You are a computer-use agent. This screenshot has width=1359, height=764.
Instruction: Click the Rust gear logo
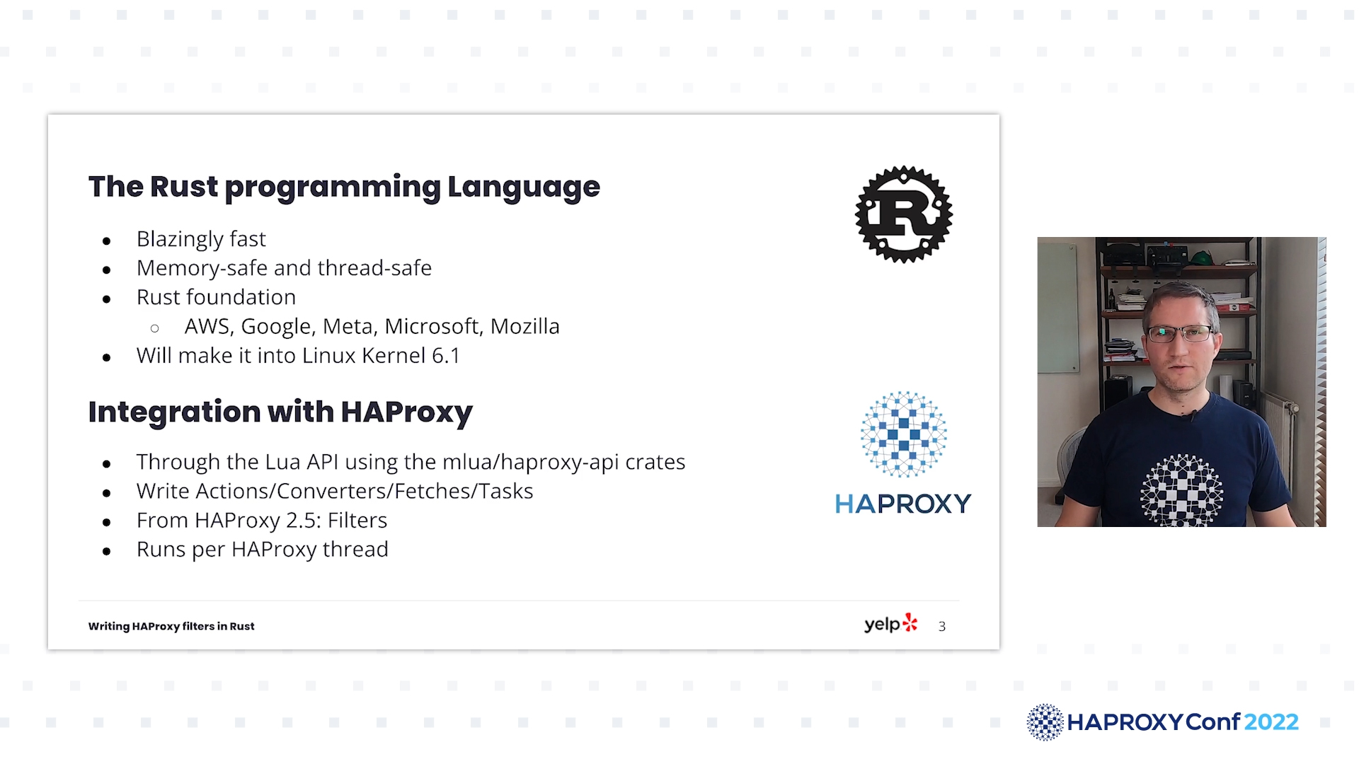pos(904,214)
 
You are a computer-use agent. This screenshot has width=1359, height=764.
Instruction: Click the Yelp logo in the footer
pos(890,624)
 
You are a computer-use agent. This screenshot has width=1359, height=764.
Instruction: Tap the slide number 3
pos(942,627)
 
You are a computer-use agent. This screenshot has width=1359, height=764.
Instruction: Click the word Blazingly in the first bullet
pos(180,239)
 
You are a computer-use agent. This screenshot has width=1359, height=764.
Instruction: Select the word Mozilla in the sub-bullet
pos(524,326)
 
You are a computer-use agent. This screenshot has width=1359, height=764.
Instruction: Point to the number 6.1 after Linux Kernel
pos(445,355)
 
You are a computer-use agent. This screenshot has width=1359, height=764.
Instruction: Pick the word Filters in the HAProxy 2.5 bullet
pos(357,521)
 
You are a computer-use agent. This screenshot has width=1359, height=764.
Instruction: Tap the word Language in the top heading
pos(524,187)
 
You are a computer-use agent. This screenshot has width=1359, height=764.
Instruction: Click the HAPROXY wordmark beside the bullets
pos(903,504)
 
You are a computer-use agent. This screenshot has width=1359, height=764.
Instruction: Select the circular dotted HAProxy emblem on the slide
pos(903,434)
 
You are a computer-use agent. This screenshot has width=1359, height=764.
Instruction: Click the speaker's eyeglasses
pos(1180,332)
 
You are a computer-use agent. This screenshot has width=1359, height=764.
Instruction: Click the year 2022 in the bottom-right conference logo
pos(1271,722)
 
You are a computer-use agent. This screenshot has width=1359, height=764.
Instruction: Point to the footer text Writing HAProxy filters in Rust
pos(171,627)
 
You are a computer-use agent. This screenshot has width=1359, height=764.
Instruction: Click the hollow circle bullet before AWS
pos(155,328)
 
